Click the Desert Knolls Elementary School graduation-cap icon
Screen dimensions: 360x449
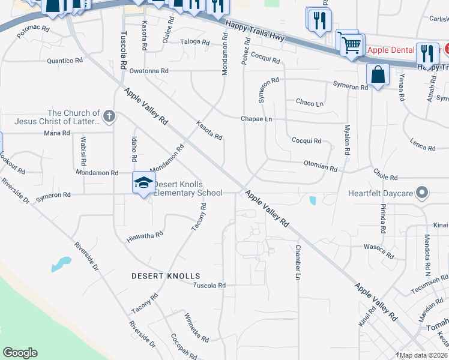point(143,182)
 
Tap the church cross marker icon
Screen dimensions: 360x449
point(109,116)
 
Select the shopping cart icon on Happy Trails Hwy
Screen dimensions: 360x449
point(351,45)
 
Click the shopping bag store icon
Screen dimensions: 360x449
point(378,76)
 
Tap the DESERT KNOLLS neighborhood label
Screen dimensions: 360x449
point(166,276)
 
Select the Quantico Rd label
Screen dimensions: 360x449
point(64,61)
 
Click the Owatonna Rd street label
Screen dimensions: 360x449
point(149,71)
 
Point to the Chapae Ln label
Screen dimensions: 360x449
point(257,119)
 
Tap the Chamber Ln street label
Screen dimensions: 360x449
point(297,262)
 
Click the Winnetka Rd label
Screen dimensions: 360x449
point(196,327)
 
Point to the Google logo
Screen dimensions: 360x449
point(20,353)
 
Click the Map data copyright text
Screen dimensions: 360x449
point(423,355)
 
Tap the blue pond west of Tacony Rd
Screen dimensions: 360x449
point(61,264)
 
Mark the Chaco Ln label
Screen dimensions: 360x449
point(310,103)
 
